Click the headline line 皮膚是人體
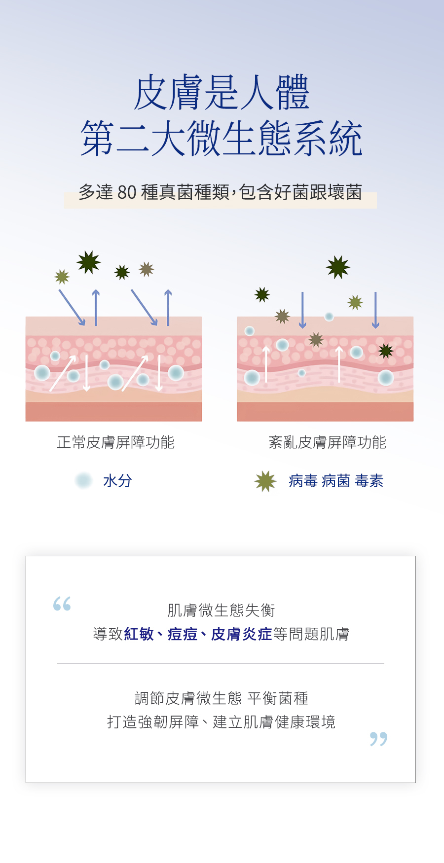(x=222, y=93)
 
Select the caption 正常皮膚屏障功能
(x=116, y=442)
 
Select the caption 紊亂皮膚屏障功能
(x=327, y=442)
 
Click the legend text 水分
(x=117, y=481)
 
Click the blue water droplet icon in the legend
(x=84, y=480)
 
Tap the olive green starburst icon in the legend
(x=265, y=481)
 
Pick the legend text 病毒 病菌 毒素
(x=336, y=481)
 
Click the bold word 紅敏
(x=139, y=634)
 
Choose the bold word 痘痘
(x=183, y=634)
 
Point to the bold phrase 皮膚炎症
(x=242, y=634)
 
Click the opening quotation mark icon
(x=62, y=604)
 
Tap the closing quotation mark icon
(x=379, y=739)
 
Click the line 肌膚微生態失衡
(x=222, y=611)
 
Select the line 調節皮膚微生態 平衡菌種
(x=222, y=698)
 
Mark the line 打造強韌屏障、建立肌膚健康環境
(x=222, y=722)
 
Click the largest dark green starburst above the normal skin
(x=89, y=262)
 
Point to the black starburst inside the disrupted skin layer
(x=386, y=351)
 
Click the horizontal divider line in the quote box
(x=221, y=664)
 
